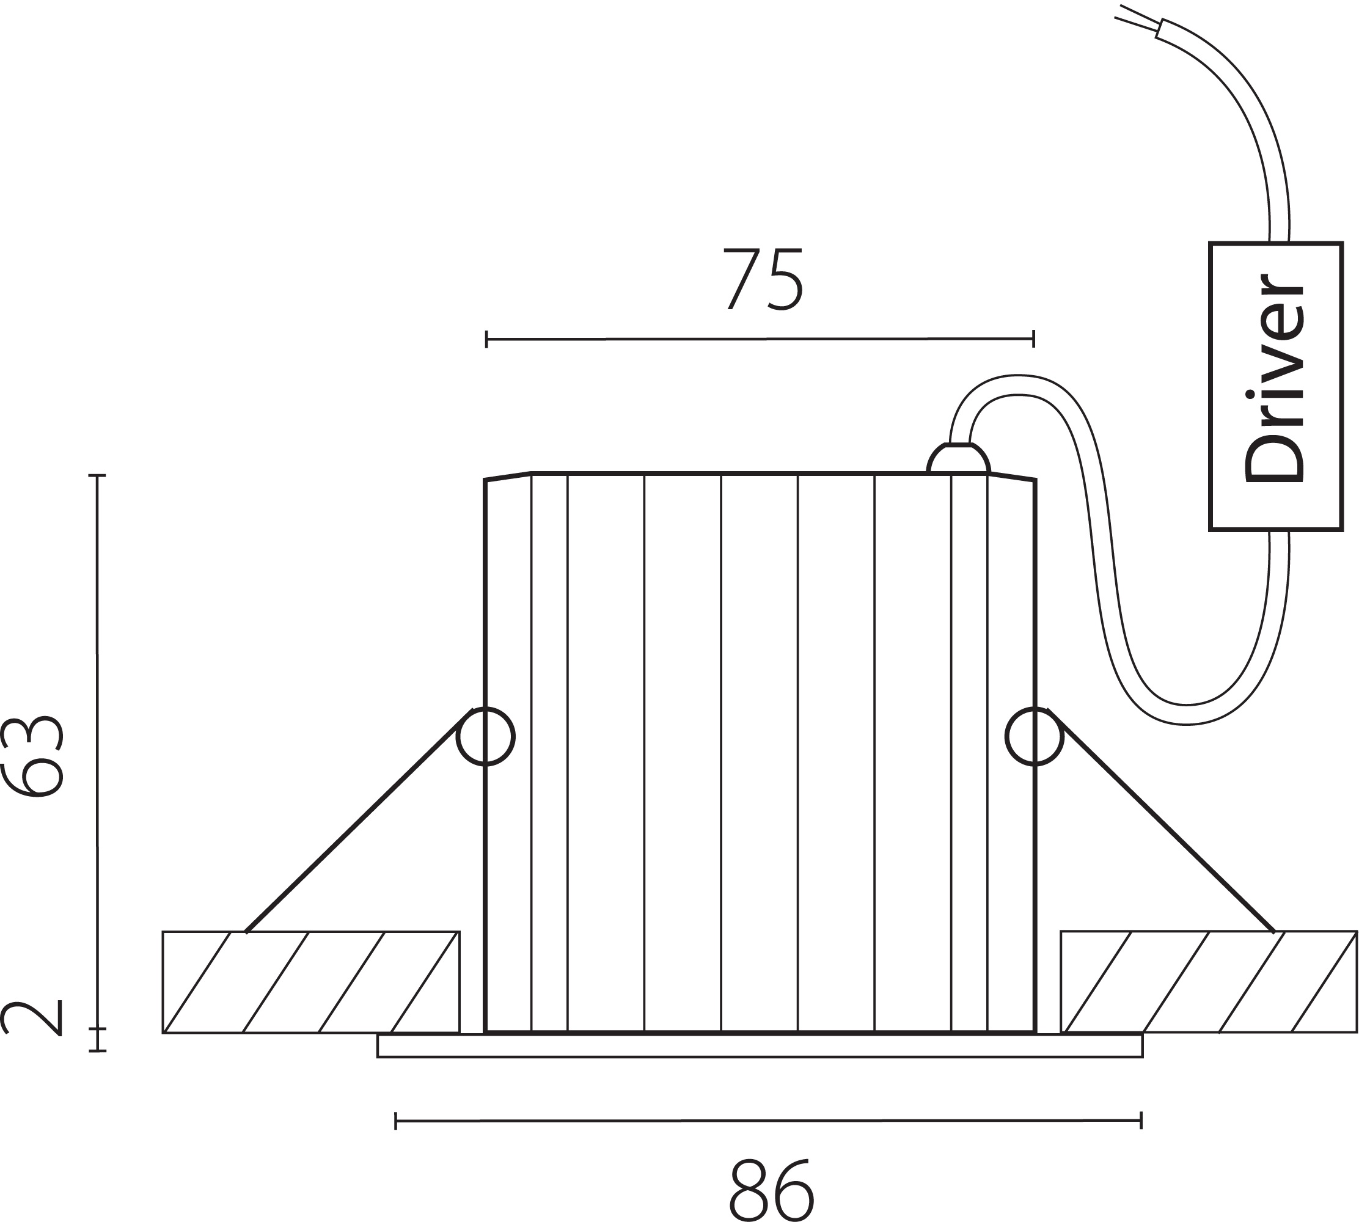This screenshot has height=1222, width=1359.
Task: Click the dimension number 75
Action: (763, 280)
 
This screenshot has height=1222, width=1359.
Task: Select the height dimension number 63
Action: (34, 756)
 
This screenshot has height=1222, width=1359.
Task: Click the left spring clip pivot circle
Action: (485, 736)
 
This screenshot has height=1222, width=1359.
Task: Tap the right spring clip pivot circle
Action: (1034, 736)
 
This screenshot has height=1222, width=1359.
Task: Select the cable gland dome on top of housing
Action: (958, 459)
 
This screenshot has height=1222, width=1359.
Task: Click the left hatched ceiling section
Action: (311, 982)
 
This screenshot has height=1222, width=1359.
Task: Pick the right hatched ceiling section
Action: (1209, 982)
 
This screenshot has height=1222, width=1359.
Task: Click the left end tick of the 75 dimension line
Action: (487, 339)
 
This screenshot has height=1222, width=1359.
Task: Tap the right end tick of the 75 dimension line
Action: (1033, 338)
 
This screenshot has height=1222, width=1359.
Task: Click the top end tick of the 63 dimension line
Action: (98, 475)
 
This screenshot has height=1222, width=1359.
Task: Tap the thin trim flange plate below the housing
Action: (760, 1046)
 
